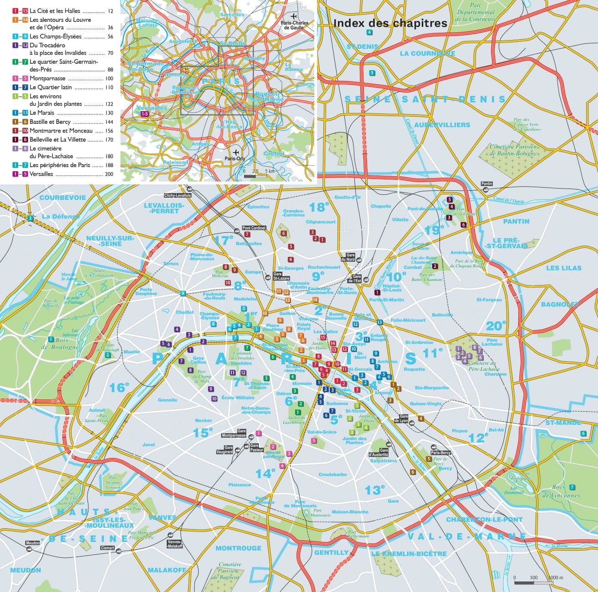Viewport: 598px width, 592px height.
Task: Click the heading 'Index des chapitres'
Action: pyautogui.click(x=390, y=23)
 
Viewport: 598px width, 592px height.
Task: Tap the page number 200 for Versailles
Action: pyautogui.click(x=109, y=174)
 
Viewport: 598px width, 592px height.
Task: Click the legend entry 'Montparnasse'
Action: pyautogui.click(x=47, y=78)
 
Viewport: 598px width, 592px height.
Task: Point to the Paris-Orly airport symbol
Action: pyautogui.click(x=236, y=152)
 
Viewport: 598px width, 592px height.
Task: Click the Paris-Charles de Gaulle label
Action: pyautogui.click(x=295, y=25)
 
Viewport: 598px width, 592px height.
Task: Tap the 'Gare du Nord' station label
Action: pyautogui.click(x=351, y=257)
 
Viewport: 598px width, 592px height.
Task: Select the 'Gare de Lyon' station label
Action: pyautogui.click(x=404, y=418)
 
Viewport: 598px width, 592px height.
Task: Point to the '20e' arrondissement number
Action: pyautogui.click(x=496, y=326)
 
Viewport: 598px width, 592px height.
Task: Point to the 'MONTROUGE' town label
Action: pyautogui.click(x=238, y=548)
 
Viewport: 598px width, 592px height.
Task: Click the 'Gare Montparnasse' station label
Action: pyautogui.click(x=234, y=434)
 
